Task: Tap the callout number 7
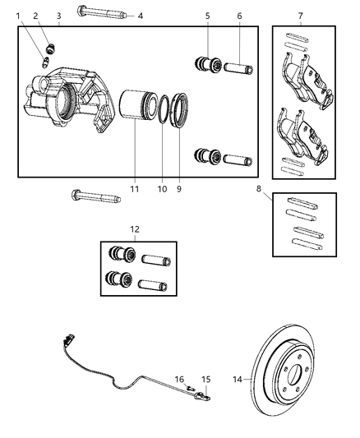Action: [x=301, y=16]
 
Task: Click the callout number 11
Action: [x=133, y=189]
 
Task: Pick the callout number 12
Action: [x=136, y=229]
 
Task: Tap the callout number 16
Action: [x=180, y=380]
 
